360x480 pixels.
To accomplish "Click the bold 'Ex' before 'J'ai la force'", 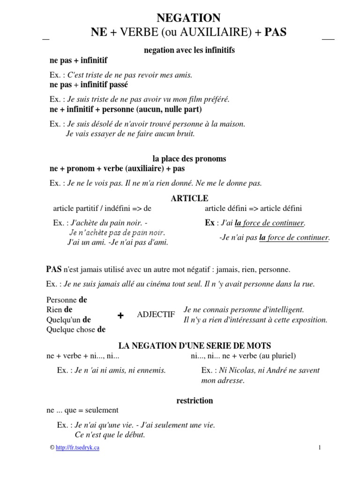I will (210, 223).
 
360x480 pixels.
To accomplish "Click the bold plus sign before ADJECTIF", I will (120, 316).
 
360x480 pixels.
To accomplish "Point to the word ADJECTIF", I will (156, 315).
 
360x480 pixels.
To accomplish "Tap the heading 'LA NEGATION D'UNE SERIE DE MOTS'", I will (195, 346).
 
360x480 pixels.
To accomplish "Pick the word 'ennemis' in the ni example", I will (151, 370).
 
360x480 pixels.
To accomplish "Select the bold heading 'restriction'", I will (195, 401).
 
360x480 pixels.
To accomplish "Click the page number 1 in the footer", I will (319, 448).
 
